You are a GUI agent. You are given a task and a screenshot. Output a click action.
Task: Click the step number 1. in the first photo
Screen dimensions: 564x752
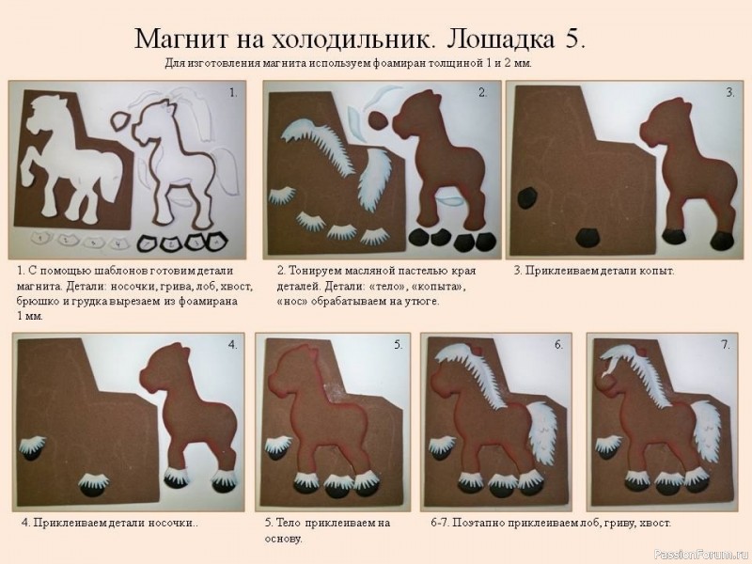click(233, 92)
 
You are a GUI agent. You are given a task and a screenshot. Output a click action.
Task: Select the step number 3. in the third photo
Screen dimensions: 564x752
click(729, 92)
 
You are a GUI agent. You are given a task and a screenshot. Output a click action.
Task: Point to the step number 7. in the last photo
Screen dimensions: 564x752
click(725, 345)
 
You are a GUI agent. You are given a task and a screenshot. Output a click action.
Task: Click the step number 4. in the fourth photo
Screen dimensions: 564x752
click(232, 345)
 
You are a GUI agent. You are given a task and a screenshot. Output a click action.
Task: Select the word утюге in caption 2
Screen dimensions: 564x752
click(421, 303)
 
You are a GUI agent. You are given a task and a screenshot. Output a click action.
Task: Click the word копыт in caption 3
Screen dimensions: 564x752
click(654, 272)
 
